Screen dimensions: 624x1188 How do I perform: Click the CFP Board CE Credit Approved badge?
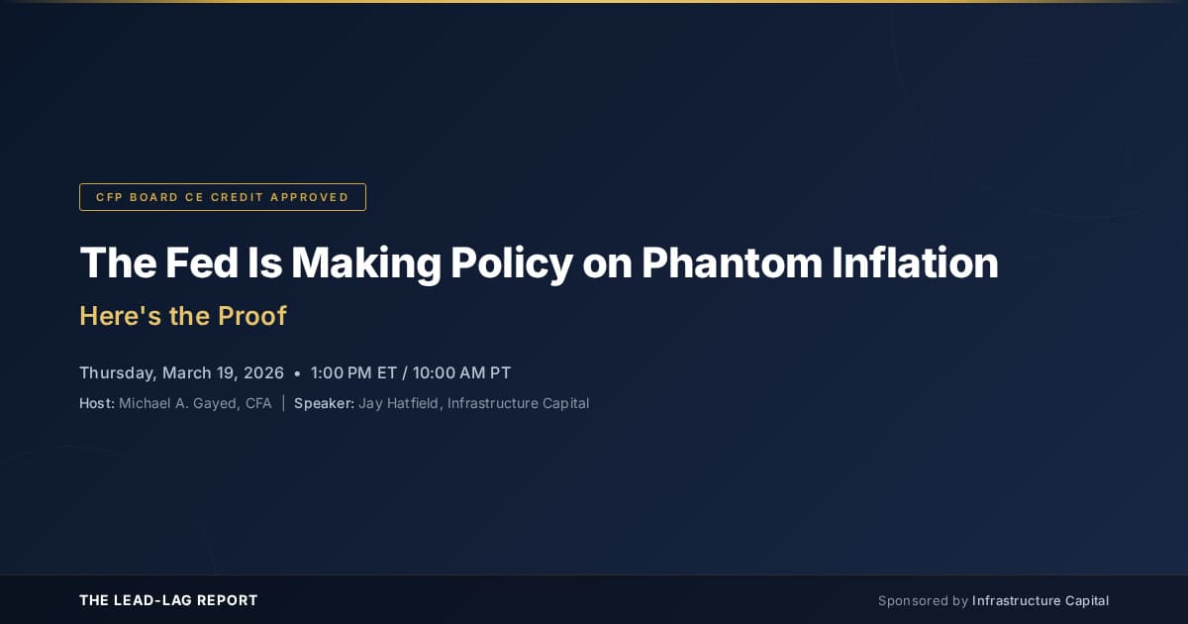click(223, 197)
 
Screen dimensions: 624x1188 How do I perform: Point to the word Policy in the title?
click(512, 262)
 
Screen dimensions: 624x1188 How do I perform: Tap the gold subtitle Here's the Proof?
click(183, 316)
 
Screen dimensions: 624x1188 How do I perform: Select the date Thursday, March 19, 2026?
click(181, 373)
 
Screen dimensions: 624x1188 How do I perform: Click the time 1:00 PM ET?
click(353, 373)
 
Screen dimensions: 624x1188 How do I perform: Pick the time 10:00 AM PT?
click(462, 373)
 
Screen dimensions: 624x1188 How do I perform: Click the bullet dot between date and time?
click(297, 374)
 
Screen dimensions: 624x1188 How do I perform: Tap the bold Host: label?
click(97, 403)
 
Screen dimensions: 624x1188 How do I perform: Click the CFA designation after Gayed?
click(258, 403)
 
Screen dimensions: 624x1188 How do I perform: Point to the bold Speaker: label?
click(324, 403)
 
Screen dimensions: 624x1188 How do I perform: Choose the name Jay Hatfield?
click(398, 403)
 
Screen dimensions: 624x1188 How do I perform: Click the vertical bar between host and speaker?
click(283, 403)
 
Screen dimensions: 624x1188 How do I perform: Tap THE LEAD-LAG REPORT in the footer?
click(168, 600)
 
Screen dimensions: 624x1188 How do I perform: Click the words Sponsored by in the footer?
click(923, 600)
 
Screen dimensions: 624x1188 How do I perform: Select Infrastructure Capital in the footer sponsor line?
click(1040, 600)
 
